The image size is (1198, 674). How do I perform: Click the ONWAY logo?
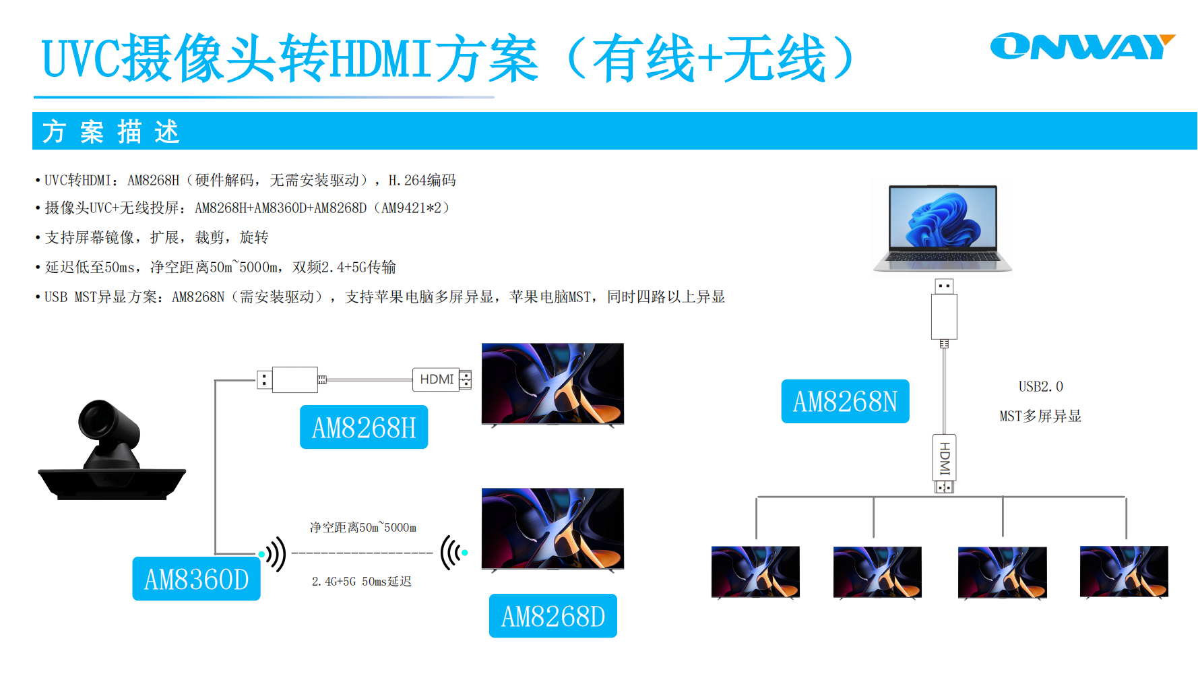1081,47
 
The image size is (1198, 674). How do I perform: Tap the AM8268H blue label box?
364,427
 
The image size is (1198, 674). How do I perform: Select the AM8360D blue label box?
196,579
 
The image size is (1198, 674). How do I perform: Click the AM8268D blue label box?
553,616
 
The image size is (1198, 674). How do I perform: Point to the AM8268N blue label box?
845,402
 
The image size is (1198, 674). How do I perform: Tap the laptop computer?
943,228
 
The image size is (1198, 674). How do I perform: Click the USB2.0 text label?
1040,387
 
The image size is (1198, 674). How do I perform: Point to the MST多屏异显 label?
1040,417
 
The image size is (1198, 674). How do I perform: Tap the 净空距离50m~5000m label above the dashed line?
362,527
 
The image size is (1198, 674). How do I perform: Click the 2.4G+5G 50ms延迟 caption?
361,582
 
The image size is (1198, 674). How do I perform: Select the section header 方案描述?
111,131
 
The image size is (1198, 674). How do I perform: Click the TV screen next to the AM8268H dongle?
553,384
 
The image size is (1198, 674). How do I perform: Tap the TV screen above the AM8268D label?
553,529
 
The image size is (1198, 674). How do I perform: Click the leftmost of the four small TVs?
755,572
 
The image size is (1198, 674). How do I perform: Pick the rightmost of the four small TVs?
1124,572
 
